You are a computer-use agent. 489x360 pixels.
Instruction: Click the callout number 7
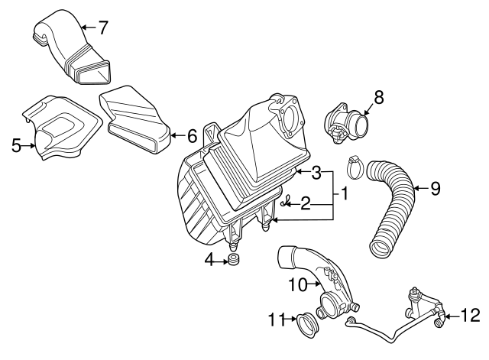pos(102,28)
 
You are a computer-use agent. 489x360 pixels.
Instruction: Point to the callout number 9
pos(435,188)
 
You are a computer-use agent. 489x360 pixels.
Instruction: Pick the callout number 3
pos(316,173)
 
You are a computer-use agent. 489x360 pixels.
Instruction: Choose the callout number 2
pos(304,203)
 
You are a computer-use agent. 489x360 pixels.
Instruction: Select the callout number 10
pos(297,284)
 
